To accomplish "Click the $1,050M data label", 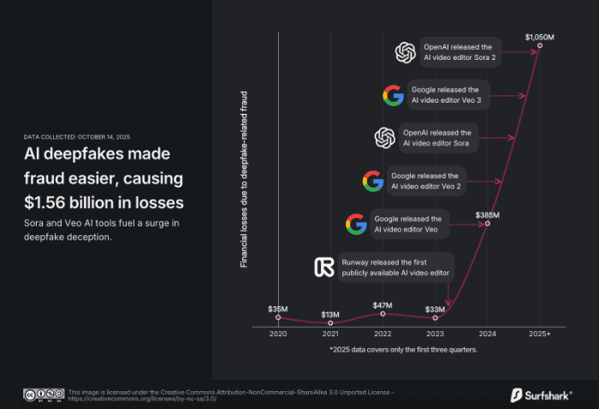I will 540,37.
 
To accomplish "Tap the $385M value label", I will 487,214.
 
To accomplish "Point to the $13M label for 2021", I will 329,314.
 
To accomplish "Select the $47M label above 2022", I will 383,305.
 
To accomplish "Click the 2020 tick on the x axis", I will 278,333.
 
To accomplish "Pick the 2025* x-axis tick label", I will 540,333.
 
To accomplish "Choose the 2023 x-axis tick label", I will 435,333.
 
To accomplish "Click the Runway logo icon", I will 324,267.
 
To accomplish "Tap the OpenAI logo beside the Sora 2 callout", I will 405,53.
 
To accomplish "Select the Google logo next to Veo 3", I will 393,95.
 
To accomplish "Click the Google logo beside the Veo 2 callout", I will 372,181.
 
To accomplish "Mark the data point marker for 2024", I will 487,224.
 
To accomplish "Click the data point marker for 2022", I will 383,314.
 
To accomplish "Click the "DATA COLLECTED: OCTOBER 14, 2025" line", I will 77,137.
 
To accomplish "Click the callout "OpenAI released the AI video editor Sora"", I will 437,138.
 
